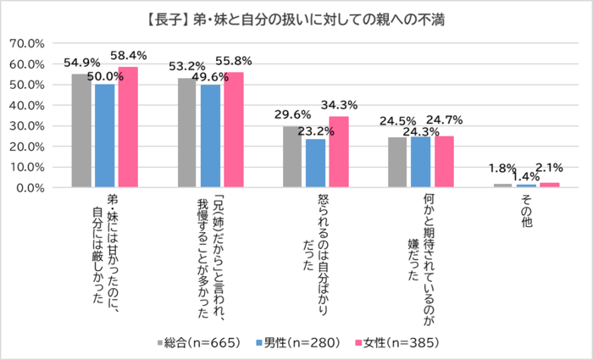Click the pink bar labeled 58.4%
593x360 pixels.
tap(128, 127)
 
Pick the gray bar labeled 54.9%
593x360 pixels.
tap(81, 130)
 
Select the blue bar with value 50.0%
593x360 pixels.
tap(105, 136)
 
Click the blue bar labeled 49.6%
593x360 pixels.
tap(210, 136)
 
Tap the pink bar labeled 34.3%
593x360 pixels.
tap(339, 152)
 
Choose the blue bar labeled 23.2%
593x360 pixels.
tap(315, 163)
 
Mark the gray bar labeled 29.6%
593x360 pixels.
tap(292, 157)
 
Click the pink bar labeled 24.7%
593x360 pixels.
tap(444, 162)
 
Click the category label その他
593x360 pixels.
tap(527, 214)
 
